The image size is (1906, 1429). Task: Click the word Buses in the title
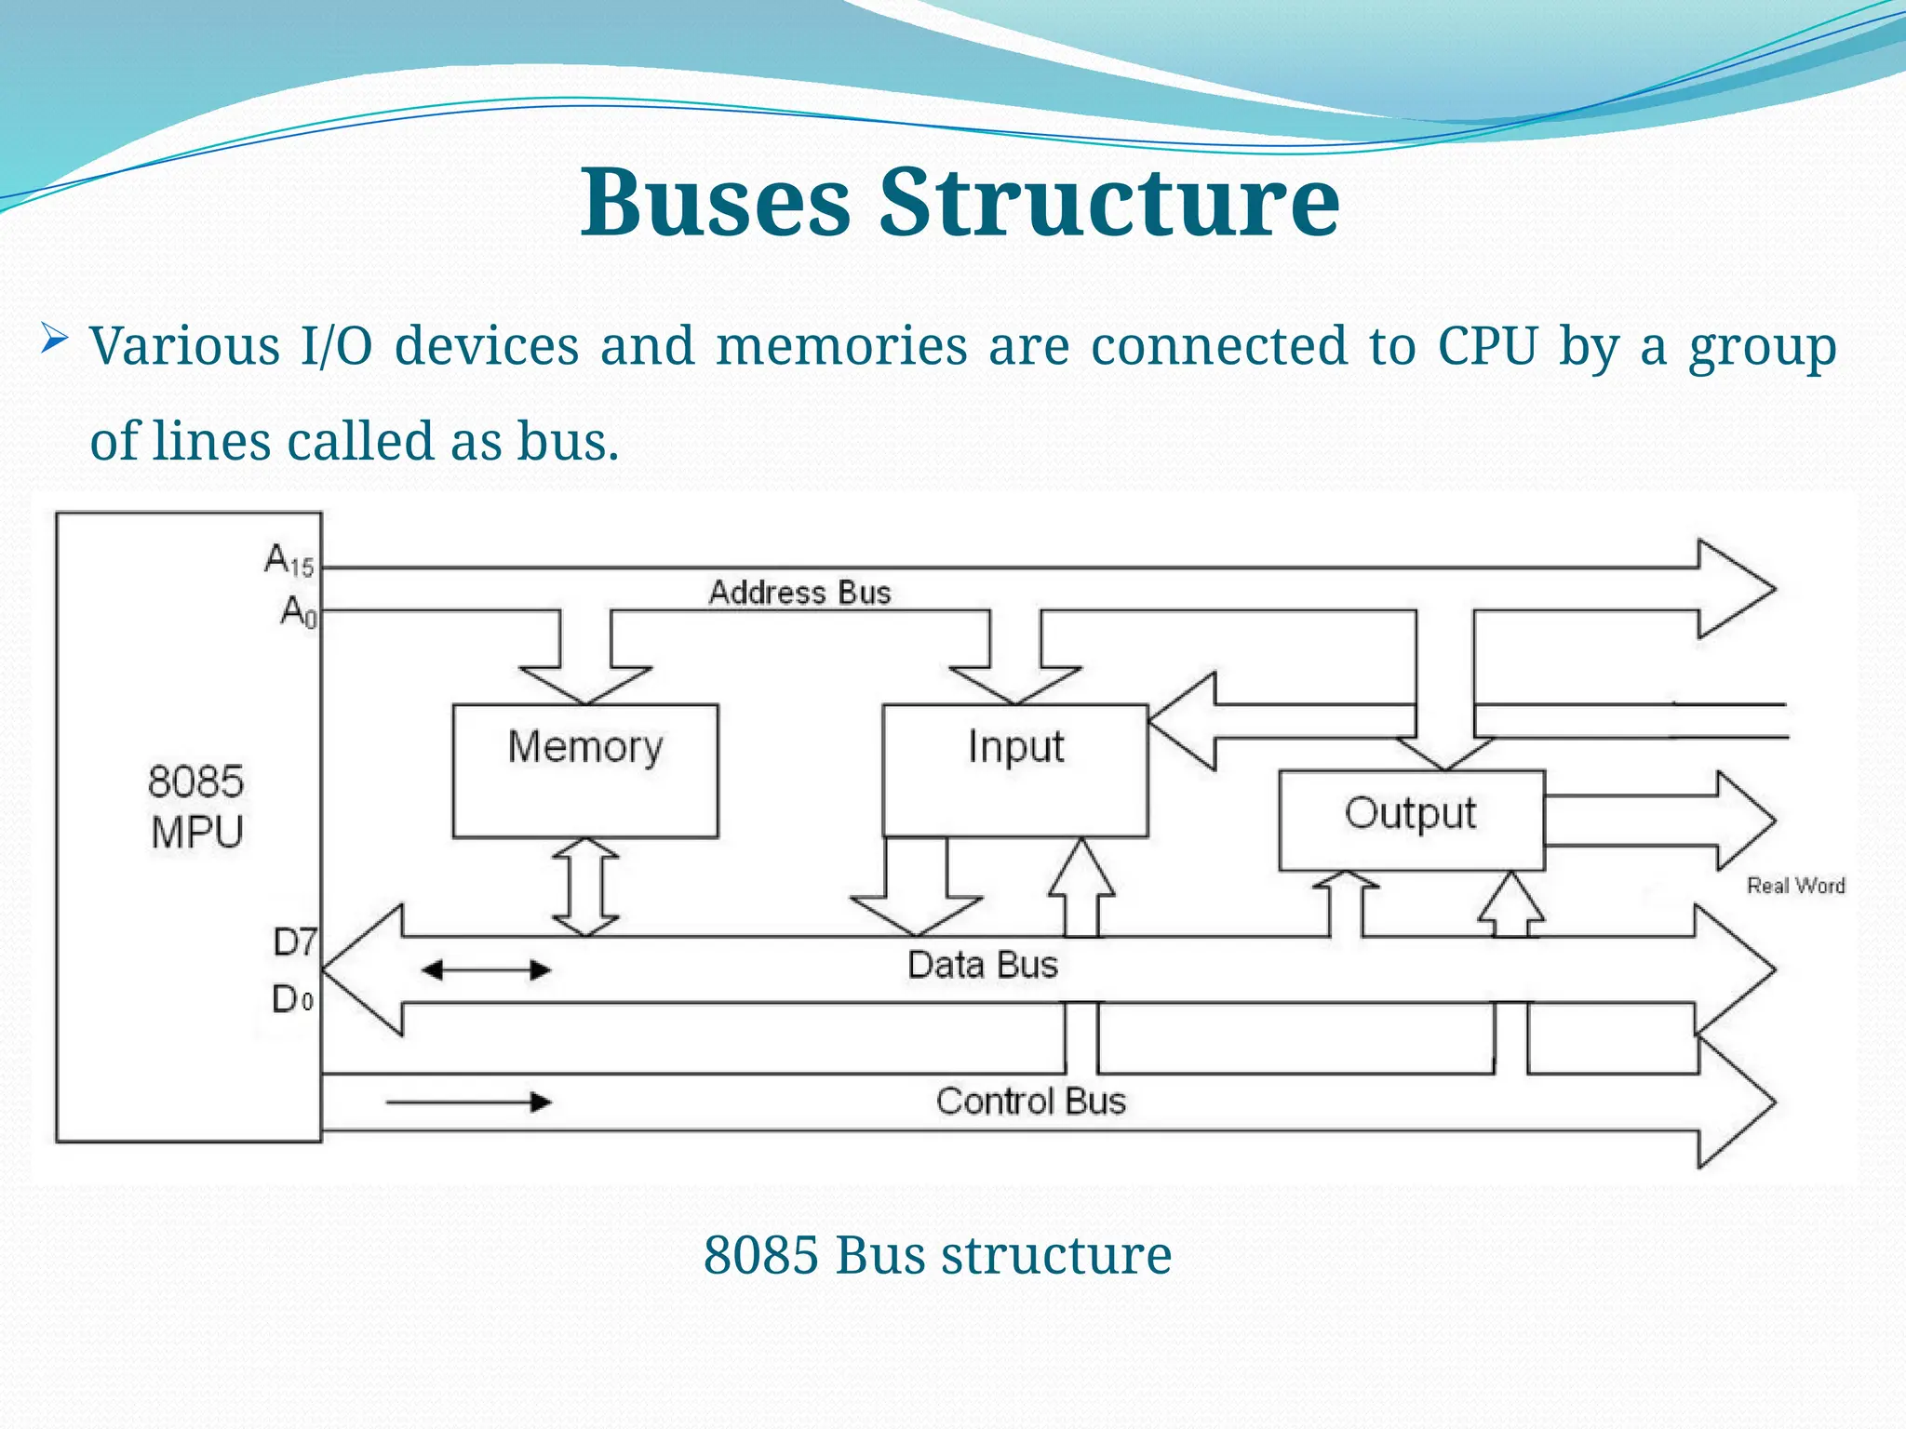coord(715,202)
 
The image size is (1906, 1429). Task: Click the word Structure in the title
coord(1109,202)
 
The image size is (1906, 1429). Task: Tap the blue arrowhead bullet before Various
coord(54,341)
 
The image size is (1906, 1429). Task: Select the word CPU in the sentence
coord(1486,346)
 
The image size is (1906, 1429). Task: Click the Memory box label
coord(585,747)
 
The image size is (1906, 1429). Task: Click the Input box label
coord(1015,747)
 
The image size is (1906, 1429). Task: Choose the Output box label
coord(1410,813)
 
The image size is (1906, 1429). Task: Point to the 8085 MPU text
coord(195,807)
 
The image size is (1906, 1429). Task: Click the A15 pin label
coord(289,560)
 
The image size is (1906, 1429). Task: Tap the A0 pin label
coord(299,612)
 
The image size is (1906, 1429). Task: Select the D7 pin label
coord(295,942)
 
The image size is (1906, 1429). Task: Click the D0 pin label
coord(292,1000)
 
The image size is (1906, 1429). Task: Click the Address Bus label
coord(799,593)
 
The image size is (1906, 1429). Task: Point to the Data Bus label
coord(983,965)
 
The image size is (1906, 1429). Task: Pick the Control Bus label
coord(1030,1102)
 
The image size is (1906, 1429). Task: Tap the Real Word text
coord(1795,886)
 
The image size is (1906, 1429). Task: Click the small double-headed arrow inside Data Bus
coord(486,970)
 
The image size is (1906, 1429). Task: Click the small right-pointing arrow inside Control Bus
coord(468,1102)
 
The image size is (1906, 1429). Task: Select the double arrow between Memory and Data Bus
coord(585,887)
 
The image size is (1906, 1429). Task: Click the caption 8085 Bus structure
coord(937,1255)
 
